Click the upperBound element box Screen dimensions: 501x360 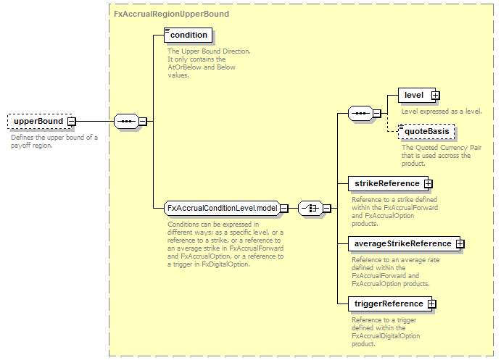click(40, 121)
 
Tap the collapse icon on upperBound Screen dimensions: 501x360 click(72, 121)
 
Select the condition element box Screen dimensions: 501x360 click(189, 35)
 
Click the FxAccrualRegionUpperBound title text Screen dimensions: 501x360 click(172, 14)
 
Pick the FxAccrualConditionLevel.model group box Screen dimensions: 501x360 click(223, 208)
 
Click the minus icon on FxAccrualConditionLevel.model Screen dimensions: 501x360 click(284, 209)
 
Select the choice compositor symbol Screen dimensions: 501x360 click(310, 209)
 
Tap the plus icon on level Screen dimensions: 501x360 click(435, 95)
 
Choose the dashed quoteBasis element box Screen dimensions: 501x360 click(426, 132)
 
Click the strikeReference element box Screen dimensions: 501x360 click(388, 183)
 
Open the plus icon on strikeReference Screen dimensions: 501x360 click(428, 183)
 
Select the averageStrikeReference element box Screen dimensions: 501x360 click(404, 243)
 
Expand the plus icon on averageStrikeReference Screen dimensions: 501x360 click(460, 243)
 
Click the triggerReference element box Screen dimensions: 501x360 click(390, 304)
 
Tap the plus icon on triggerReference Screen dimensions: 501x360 click(431, 304)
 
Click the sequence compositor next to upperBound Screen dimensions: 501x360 click(127, 121)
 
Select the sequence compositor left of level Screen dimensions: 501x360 click(360, 113)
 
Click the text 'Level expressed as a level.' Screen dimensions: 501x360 click(442, 112)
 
